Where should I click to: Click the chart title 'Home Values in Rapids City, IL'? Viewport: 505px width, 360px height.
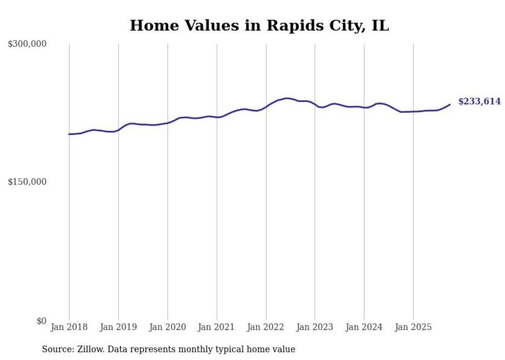pos(259,25)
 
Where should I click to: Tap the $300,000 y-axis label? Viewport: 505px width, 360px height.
pos(27,44)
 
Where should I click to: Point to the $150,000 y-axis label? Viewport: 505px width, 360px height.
pos(27,182)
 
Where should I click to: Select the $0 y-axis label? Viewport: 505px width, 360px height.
pos(41,321)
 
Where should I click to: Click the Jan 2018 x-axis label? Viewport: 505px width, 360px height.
pos(69,327)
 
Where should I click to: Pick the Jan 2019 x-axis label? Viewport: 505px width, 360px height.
pos(119,327)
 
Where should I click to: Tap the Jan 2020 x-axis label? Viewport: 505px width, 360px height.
pos(167,327)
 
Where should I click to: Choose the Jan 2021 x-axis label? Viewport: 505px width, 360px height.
pos(217,327)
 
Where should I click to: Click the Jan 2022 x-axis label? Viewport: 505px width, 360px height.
pos(266,327)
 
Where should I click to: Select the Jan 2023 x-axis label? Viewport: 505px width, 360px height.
pos(315,327)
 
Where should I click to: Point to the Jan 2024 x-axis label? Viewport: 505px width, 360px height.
pos(364,327)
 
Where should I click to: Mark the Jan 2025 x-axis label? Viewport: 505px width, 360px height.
pos(413,327)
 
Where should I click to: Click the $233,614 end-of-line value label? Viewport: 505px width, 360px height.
pos(479,101)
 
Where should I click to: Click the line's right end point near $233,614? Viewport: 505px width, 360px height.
pos(450,105)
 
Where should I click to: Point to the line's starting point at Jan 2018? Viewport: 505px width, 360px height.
pos(69,134)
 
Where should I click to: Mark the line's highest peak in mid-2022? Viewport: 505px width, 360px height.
pos(286,98)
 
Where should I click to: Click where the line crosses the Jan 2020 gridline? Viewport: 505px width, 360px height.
pos(167,123)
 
